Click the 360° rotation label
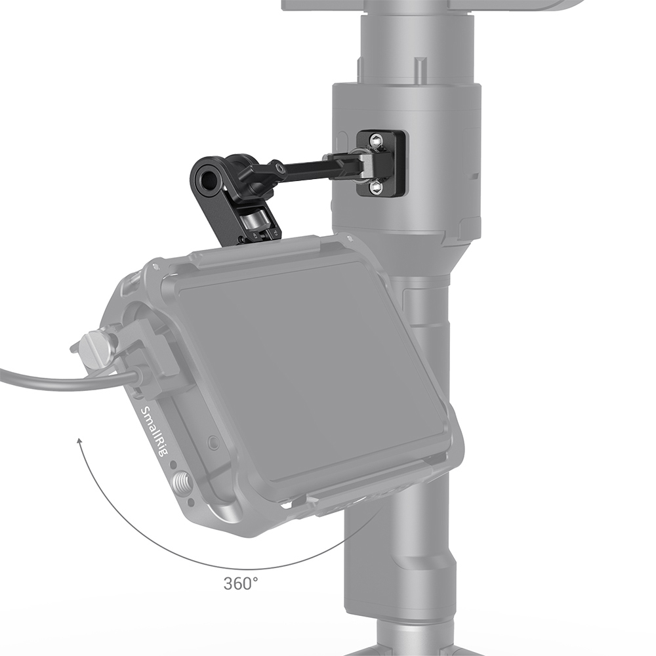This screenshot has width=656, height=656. click(242, 583)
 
